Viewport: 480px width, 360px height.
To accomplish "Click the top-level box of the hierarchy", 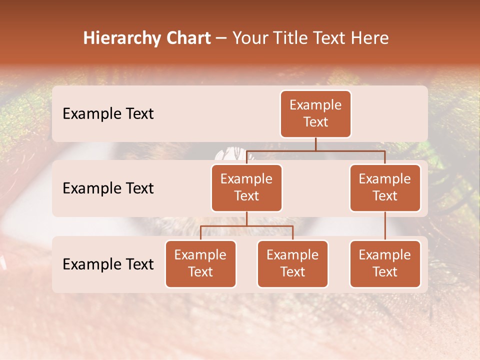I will click(x=315, y=114).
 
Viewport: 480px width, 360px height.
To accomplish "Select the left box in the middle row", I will click(x=246, y=188).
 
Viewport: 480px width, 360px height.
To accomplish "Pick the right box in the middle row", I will click(x=385, y=188).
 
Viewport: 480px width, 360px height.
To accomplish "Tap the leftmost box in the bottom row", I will click(x=200, y=264).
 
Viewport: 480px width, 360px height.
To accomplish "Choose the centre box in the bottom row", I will click(x=292, y=264).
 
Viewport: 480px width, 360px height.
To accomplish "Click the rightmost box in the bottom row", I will click(x=385, y=264).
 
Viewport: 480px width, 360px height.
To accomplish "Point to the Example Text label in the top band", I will click(x=108, y=114).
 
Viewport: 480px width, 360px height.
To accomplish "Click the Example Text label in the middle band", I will click(x=108, y=188).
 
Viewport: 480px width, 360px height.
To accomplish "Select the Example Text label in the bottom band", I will click(x=108, y=264).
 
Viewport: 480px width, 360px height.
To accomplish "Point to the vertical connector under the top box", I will click(x=315, y=144).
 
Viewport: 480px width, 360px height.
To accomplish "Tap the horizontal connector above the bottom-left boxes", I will click(x=246, y=226).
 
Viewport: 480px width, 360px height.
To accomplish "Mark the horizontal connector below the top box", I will click(x=350, y=150).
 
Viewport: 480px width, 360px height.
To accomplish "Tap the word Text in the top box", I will click(x=315, y=122).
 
